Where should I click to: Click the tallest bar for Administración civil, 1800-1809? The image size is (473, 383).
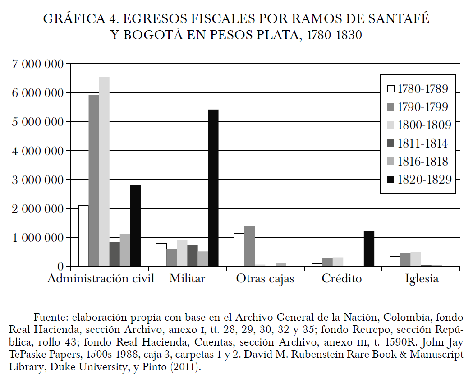tap(104, 171)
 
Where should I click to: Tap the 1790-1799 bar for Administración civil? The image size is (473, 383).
tap(94, 180)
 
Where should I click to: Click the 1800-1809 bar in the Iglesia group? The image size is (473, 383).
tap(415, 259)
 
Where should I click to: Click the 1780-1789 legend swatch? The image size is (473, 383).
tap(391, 89)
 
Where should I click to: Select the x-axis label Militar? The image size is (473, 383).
tap(187, 279)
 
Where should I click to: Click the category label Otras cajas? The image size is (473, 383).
tap(265, 279)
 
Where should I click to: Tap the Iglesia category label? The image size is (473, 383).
tap(421, 279)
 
